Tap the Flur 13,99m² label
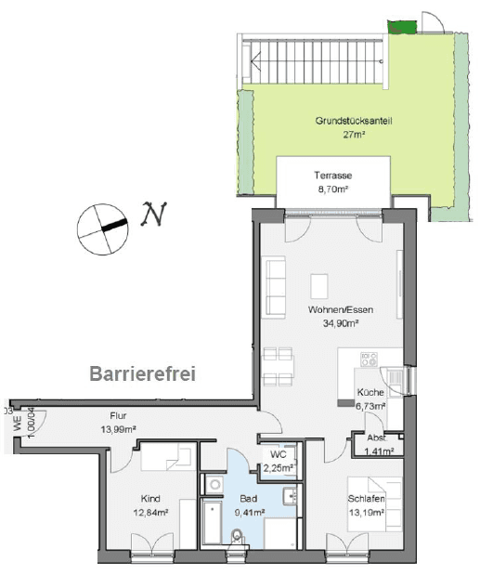click(119, 422)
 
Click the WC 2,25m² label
click(278, 462)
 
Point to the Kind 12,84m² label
click(150, 504)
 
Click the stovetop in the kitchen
click(366, 360)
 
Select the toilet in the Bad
click(239, 536)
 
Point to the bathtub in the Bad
click(213, 524)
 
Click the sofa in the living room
click(276, 286)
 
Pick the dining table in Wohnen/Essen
click(279, 367)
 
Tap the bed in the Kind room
click(166, 458)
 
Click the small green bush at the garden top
click(400, 28)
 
